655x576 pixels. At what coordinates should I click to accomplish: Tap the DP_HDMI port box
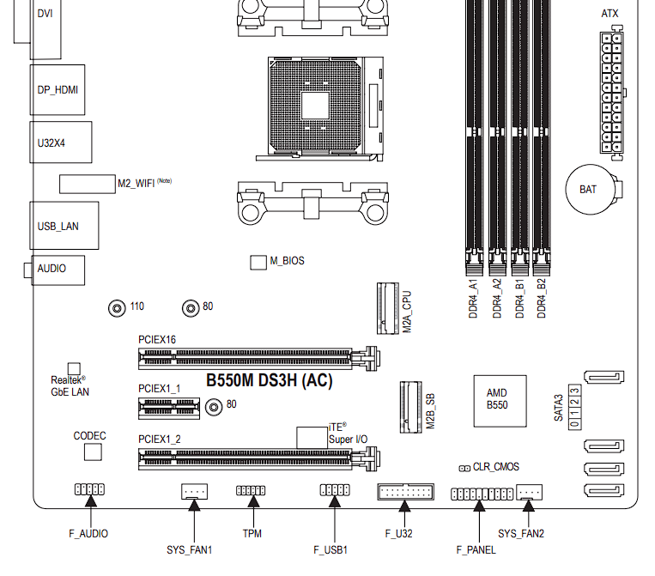click(x=58, y=89)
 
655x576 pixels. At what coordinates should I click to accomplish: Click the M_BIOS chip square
click(x=258, y=262)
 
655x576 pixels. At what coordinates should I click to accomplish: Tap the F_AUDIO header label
click(x=88, y=533)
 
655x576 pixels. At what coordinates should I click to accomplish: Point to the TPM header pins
click(x=252, y=490)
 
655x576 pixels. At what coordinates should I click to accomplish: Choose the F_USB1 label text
click(x=331, y=549)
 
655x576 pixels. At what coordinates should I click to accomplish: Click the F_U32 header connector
click(x=405, y=492)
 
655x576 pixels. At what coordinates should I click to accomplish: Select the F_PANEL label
click(x=476, y=549)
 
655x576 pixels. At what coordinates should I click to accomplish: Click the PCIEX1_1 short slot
click(x=172, y=409)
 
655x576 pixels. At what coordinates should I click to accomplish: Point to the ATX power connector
click(x=611, y=92)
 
